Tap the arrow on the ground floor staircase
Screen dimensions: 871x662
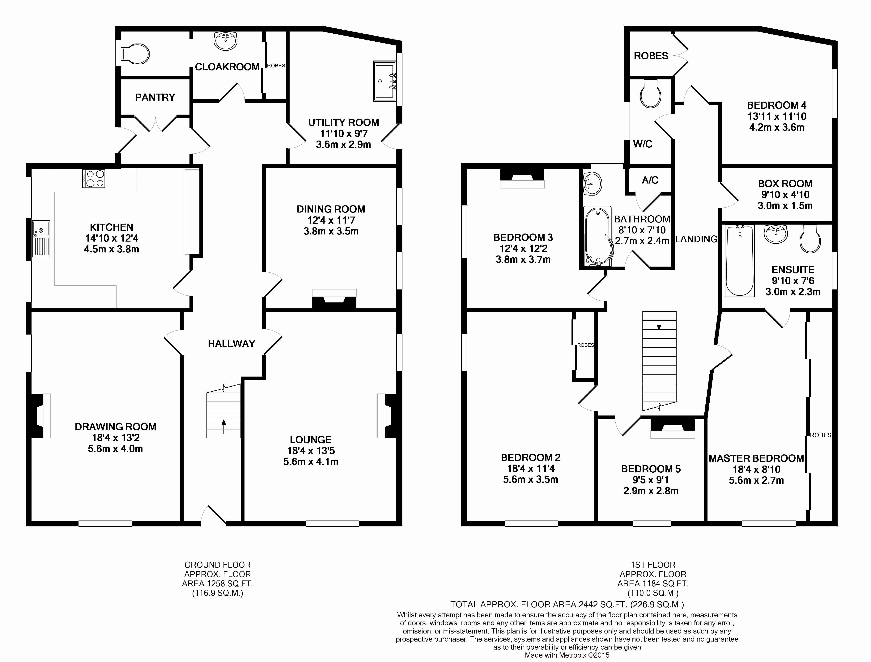[x=224, y=427]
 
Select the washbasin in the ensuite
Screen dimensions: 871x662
[x=776, y=234]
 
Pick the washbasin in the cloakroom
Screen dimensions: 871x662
[x=226, y=41]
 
